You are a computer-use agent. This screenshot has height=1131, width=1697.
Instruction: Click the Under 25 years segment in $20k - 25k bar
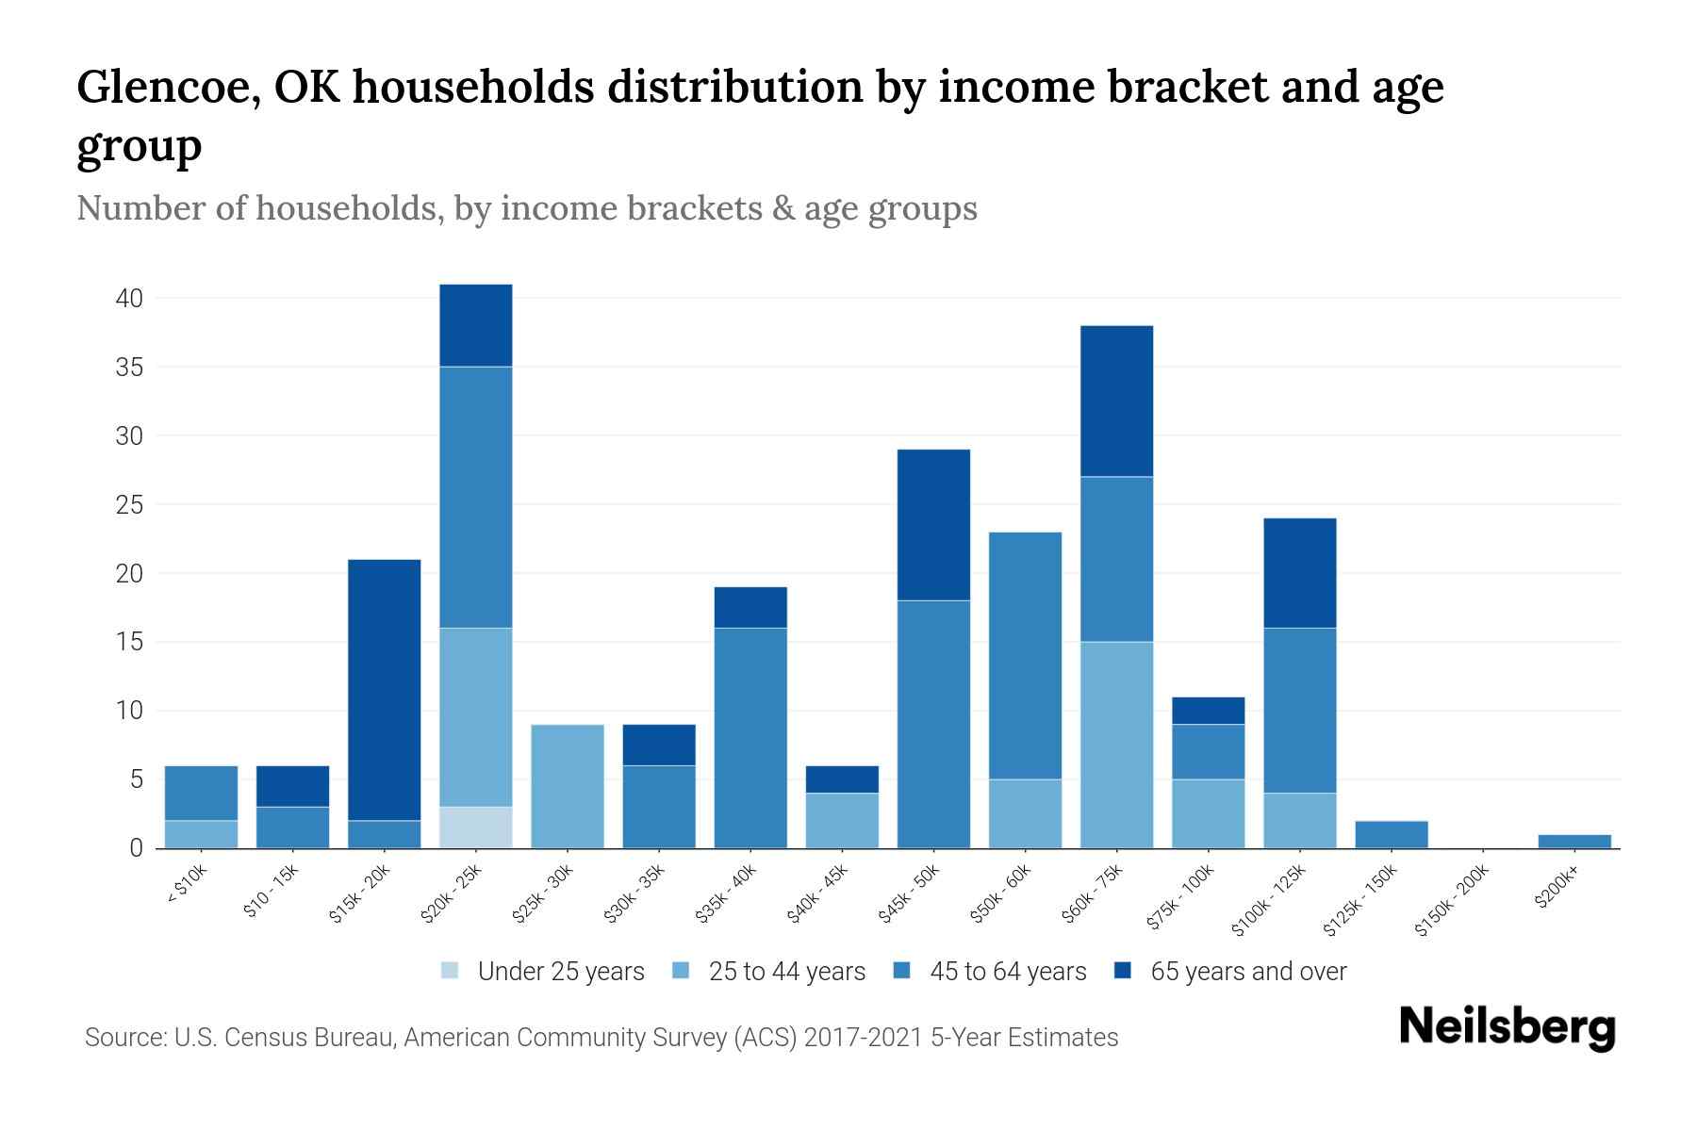click(476, 827)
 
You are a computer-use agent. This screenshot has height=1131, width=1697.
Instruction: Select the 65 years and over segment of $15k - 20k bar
click(385, 689)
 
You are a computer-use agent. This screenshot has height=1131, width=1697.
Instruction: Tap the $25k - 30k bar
click(568, 786)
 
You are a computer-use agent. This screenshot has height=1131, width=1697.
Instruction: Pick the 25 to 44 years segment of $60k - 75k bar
click(1116, 745)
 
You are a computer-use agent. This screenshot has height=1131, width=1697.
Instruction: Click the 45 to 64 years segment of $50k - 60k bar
click(1025, 655)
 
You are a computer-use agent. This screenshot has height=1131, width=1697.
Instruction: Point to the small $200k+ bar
click(1574, 841)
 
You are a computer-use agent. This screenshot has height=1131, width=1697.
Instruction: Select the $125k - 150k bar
click(1392, 834)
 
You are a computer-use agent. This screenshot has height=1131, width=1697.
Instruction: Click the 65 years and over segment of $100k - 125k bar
click(1300, 573)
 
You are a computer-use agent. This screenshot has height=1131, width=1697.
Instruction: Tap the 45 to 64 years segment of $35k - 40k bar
click(750, 737)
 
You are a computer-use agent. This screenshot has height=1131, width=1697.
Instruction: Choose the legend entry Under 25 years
click(560, 972)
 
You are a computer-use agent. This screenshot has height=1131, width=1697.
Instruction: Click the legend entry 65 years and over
click(1247, 972)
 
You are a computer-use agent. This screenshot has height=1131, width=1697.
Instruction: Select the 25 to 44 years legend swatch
click(682, 971)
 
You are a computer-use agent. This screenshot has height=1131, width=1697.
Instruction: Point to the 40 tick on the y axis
click(129, 299)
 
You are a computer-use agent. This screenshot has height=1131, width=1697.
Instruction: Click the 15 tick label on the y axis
click(129, 642)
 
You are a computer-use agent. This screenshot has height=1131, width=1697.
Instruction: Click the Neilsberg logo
click(1507, 1028)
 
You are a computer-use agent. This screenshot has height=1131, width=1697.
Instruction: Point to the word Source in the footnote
click(124, 1038)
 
